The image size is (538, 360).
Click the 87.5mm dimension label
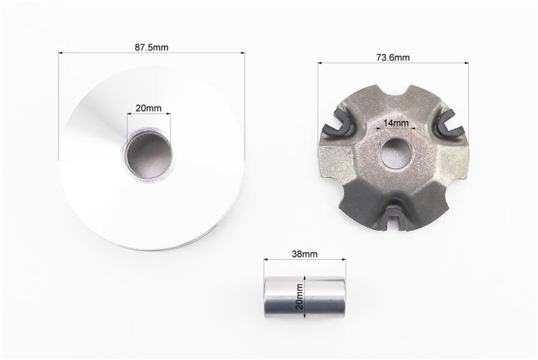(x=151, y=47)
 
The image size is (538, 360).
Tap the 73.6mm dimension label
(x=393, y=57)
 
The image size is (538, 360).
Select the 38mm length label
(x=305, y=254)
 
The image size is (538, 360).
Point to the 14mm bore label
(x=396, y=122)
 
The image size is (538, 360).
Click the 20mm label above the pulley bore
(x=148, y=108)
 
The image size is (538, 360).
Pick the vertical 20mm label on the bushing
(x=300, y=297)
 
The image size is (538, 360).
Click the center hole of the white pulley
(x=148, y=153)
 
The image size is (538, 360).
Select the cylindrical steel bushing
(x=305, y=297)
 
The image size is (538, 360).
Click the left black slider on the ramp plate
(x=338, y=125)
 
